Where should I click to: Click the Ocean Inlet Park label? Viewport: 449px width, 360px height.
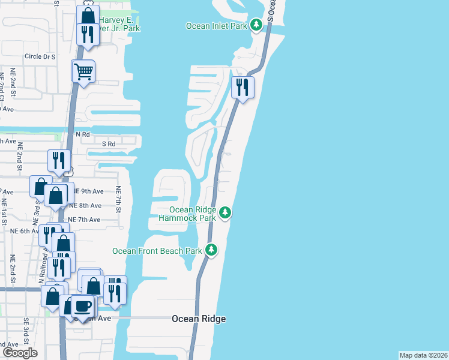pyautogui.click(x=217, y=25)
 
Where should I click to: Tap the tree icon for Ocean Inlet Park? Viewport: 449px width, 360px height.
pyautogui.click(x=256, y=25)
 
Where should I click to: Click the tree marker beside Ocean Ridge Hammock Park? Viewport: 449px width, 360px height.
pyautogui.click(x=225, y=212)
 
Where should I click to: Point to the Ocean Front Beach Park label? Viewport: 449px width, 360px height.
pyautogui.click(x=157, y=250)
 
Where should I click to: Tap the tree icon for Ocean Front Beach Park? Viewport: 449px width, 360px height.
pyautogui.click(x=211, y=250)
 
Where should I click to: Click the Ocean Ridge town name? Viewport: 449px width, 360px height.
pyautogui.click(x=199, y=319)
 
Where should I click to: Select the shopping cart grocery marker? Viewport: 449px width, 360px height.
pyautogui.click(x=83, y=71)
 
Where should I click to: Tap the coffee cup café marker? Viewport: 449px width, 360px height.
pyautogui.click(x=82, y=305)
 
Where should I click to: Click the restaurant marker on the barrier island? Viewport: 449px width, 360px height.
pyautogui.click(x=243, y=88)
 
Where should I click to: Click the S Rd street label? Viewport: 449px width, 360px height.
pyautogui.click(x=109, y=144)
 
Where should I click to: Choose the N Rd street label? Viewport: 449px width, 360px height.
pyautogui.click(x=82, y=134)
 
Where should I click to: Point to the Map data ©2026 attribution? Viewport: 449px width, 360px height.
pyautogui.click(x=424, y=355)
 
